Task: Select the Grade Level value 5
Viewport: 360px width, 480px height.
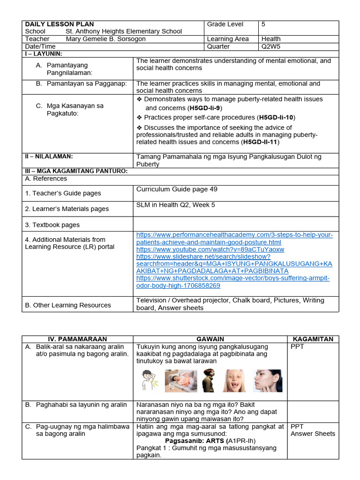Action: click(263, 24)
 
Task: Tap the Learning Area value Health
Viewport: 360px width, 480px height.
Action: click(271, 39)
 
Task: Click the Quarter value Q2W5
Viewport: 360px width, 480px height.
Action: click(271, 46)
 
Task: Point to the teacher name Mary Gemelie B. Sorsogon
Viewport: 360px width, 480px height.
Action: click(105, 39)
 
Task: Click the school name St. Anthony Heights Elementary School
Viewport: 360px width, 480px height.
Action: click(124, 31)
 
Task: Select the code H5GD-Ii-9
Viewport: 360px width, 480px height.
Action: click(205, 108)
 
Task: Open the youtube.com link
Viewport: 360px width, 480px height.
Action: click(210, 249)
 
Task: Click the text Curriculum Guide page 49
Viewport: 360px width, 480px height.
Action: click(177, 189)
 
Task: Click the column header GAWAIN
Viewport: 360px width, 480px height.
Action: click(210, 339)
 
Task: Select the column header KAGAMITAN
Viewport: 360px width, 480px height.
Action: click(313, 339)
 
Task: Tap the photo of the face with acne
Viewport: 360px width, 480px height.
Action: click(267, 380)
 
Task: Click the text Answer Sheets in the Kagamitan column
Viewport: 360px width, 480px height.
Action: click(313, 434)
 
